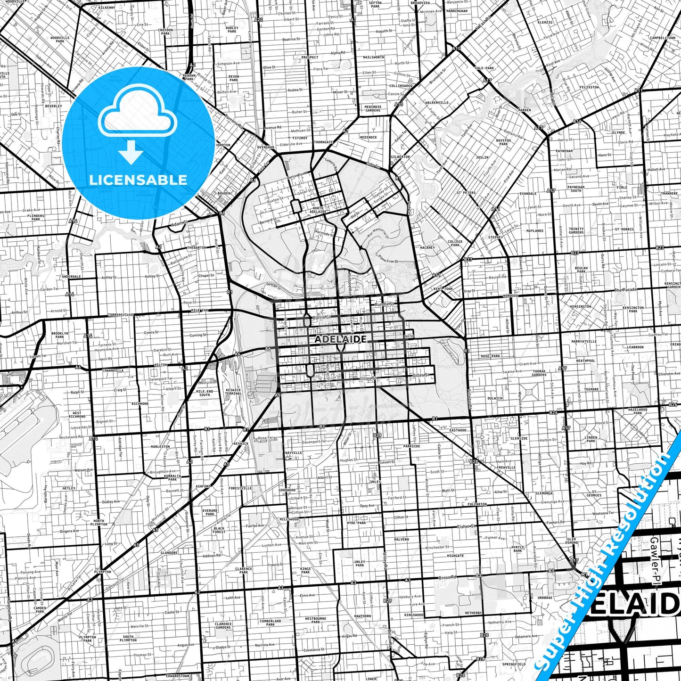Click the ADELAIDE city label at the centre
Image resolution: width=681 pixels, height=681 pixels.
(340, 339)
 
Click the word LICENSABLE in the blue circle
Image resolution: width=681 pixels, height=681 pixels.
(138, 180)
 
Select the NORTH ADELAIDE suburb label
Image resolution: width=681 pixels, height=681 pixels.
(318, 210)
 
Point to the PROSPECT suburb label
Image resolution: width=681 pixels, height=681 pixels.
(310, 57)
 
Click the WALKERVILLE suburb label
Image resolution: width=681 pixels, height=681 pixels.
(437, 102)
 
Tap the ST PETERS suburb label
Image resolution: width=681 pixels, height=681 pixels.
(466, 193)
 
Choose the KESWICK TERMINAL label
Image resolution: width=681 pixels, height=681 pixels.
(233, 392)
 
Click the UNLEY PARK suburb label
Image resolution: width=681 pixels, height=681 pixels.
(360, 563)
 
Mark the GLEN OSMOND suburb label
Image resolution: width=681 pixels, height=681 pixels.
(572, 541)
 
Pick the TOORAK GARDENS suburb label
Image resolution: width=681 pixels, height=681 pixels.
(539, 373)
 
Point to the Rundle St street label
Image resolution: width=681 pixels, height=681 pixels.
(384, 304)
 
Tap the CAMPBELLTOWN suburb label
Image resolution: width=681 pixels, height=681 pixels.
(663, 38)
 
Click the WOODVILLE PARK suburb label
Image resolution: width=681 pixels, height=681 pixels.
(60, 39)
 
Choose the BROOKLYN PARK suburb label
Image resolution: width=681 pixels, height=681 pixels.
(59, 335)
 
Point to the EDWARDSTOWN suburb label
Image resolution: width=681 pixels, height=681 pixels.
(178, 676)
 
